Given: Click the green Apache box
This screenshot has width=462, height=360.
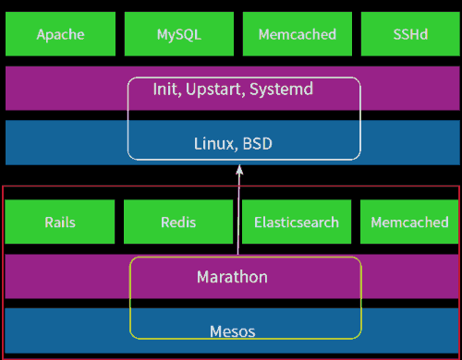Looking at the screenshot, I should coord(60,34).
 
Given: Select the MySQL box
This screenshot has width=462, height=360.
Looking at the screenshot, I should coord(178,34).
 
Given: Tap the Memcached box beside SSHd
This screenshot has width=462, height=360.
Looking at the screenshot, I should coord(297,34).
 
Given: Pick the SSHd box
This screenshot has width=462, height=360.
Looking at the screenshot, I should coord(409,34).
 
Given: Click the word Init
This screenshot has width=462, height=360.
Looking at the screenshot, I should coord(166,90).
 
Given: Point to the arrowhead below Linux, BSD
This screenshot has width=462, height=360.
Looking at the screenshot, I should coord(239,170).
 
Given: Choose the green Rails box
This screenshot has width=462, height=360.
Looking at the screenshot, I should coord(60,222).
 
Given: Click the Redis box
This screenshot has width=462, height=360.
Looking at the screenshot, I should coord(178,222).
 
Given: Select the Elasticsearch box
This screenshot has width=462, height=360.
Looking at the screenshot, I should coord(297,222).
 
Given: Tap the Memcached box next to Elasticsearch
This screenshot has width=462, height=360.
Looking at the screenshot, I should coord(409,222).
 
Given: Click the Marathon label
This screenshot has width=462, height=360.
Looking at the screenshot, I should coord(232,276).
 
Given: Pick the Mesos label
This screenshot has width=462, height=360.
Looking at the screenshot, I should coord(232,330).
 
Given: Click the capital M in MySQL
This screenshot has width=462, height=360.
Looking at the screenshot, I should coord(163,34).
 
